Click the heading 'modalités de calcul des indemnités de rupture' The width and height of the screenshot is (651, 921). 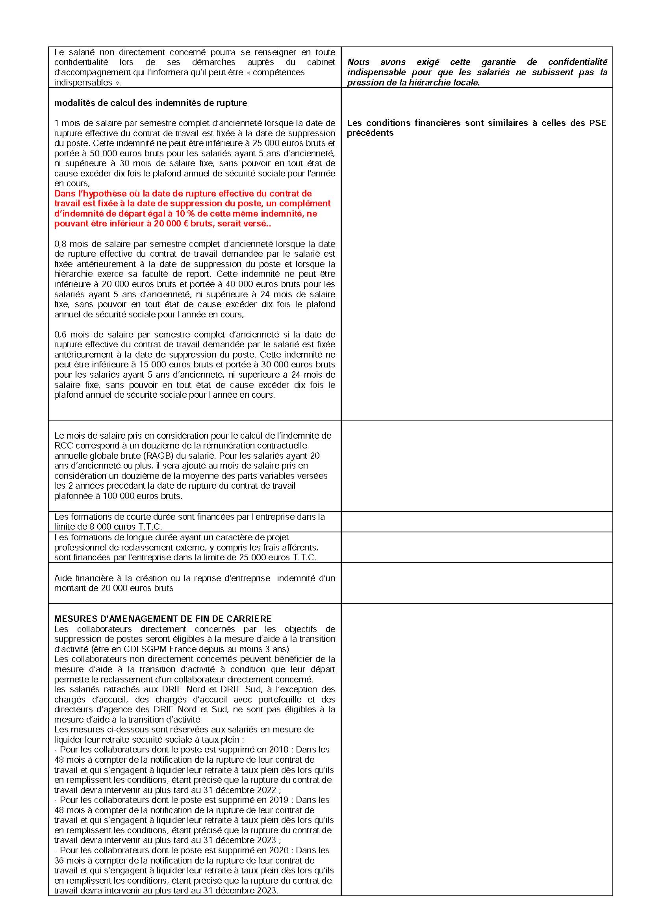point(150,103)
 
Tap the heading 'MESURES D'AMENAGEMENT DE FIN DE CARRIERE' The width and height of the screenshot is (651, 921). point(163,619)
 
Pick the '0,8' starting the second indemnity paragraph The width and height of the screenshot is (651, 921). point(61,244)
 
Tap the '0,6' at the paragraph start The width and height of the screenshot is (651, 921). point(61,335)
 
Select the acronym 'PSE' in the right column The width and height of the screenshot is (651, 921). point(598,123)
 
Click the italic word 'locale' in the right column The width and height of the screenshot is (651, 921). point(464,83)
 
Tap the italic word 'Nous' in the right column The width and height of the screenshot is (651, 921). point(358,62)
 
